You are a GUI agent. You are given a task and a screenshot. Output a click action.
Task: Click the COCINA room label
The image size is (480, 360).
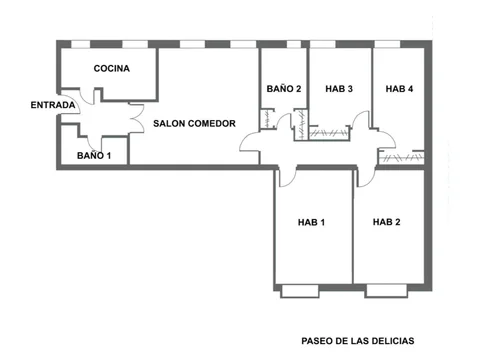pyautogui.click(x=111, y=69)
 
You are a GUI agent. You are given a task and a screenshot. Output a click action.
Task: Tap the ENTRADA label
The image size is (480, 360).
pyautogui.click(x=52, y=105)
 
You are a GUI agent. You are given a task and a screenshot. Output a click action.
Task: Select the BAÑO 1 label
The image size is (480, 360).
pyautogui.click(x=95, y=155)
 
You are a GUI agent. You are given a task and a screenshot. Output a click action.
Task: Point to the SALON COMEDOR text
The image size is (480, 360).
pyautogui.click(x=194, y=124)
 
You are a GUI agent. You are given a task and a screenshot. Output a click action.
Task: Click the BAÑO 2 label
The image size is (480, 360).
pyautogui.click(x=284, y=89)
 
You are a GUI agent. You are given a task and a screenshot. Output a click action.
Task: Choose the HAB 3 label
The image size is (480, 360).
pyautogui.click(x=339, y=89)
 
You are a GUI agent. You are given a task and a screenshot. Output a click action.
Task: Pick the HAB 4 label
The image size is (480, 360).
pyautogui.click(x=399, y=89)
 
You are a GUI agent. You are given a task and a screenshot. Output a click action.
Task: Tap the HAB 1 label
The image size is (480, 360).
pyautogui.click(x=311, y=222)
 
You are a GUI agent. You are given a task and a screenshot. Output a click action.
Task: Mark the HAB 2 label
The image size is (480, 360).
pyautogui.click(x=387, y=222)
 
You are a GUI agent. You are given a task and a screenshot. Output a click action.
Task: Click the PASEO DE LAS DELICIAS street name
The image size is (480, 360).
pyautogui.click(x=357, y=340)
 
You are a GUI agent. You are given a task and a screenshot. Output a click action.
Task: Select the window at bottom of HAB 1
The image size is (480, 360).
pyautogui.click(x=300, y=290)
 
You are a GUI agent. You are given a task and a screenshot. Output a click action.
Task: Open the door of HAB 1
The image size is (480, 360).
pyautogui.click(x=285, y=176)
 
